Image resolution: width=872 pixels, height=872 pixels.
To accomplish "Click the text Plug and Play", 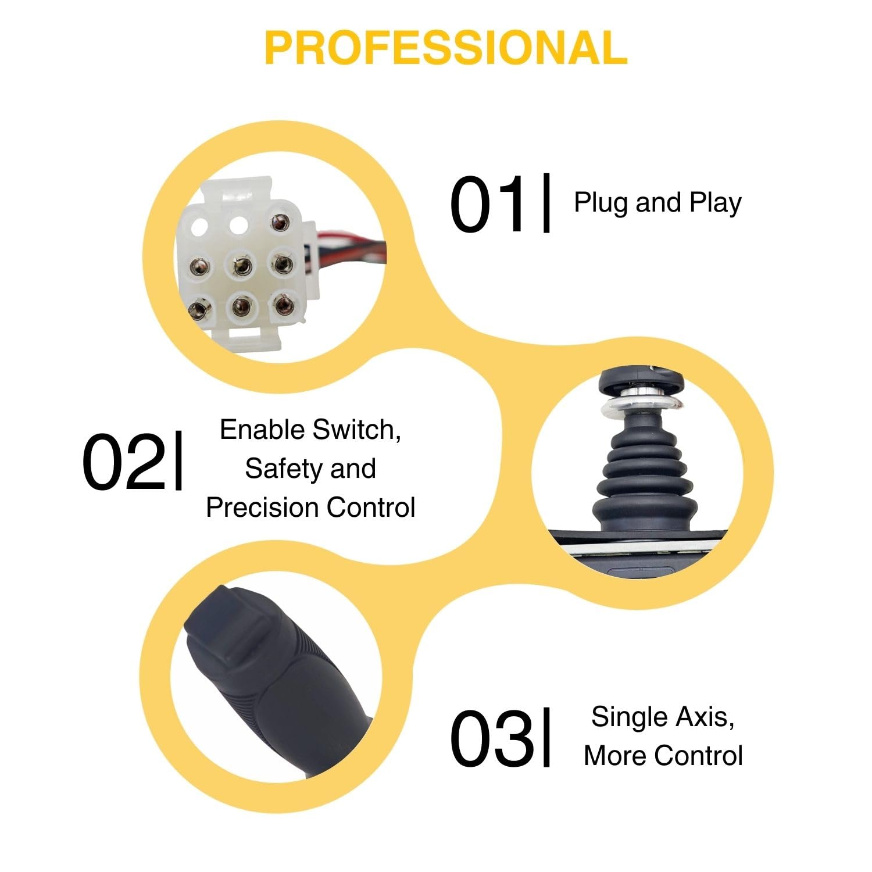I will (x=657, y=203).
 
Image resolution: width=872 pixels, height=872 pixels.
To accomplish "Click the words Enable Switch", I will (x=310, y=430).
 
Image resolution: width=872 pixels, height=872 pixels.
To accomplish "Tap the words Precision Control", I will (x=310, y=507).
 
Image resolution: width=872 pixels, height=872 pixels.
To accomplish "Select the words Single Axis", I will (x=663, y=716).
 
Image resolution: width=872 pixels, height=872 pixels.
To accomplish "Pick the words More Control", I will (x=663, y=756).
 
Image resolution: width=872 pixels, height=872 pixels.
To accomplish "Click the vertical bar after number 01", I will (x=546, y=203).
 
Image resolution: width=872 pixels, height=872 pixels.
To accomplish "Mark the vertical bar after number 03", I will (x=546, y=737).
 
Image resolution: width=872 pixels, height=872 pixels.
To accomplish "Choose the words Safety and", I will (x=310, y=469).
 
